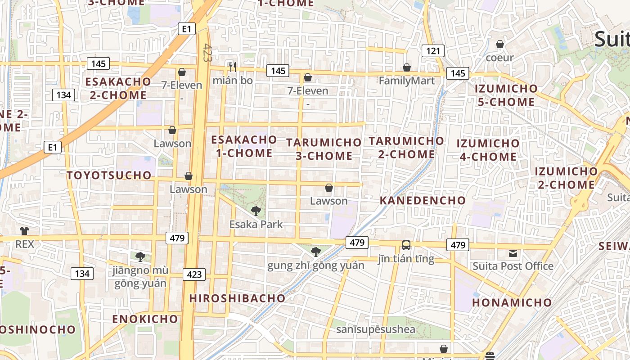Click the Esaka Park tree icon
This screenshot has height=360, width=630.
(x=256, y=211)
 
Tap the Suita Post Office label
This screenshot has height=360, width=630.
(x=513, y=266)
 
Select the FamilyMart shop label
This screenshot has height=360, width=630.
(x=407, y=81)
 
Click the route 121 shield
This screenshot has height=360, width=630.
(x=433, y=51)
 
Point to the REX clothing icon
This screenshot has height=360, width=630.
(x=24, y=231)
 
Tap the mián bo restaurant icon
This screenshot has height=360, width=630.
(x=233, y=67)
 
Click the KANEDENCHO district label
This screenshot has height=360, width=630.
(x=423, y=200)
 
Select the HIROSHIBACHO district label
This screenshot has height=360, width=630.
(x=237, y=298)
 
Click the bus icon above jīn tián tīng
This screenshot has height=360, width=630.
(x=406, y=245)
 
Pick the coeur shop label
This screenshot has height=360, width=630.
(x=499, y=58)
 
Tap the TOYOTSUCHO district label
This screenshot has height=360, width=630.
(x=109, y=175)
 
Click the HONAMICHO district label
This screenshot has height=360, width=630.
(x=512, y=302)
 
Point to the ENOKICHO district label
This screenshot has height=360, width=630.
(x=145, y=319)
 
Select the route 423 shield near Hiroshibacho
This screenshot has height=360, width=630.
(x=194, y=274)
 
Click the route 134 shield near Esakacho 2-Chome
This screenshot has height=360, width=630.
(x=63, y=95)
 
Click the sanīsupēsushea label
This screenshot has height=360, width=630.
(x=376, y=329)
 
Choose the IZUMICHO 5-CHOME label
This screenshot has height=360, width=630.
(x=506, y=95)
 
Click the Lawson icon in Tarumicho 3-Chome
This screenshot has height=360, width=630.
(x=329, y=188)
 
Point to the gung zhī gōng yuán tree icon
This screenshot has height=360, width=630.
(x=316, y=252)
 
